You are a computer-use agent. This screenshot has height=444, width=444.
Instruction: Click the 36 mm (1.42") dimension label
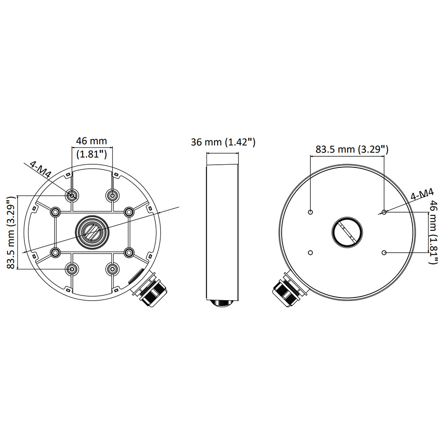[223, 142]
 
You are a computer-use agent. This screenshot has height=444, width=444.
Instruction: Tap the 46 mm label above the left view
[92, 141]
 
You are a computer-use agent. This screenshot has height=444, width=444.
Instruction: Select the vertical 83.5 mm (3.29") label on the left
[11, 232]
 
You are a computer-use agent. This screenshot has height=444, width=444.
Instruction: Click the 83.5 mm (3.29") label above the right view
[352, 149]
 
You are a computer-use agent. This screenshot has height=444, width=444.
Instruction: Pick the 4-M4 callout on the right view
[422, 195]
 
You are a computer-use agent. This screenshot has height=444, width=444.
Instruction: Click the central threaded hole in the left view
[92, 233]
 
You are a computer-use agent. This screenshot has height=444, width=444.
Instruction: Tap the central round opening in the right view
[347, 233]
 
